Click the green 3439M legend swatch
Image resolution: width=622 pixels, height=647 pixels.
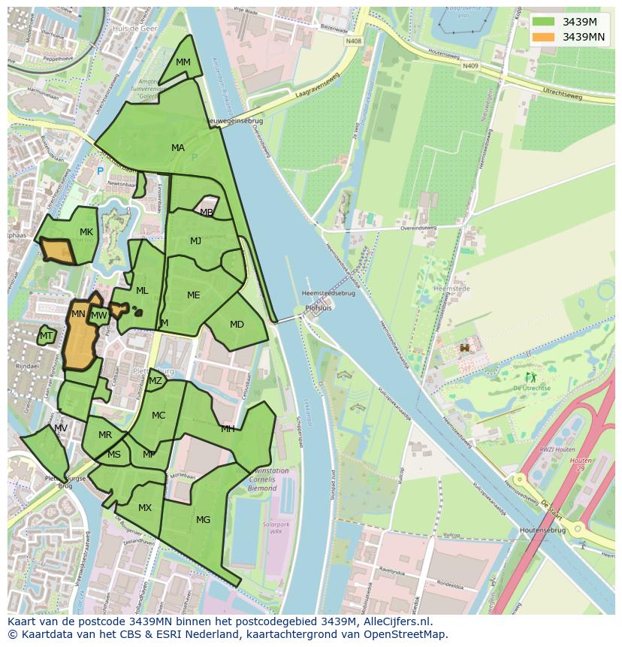pos(545,21)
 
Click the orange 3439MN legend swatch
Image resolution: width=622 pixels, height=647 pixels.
pos(545,37)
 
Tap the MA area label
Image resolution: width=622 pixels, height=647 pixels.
pos(178,148)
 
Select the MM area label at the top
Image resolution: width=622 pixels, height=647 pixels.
pos(183,62)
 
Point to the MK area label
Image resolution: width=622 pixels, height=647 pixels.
pos(86,232)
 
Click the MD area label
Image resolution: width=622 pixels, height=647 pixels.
pos(237,325)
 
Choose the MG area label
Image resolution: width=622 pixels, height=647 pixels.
pos(203,519)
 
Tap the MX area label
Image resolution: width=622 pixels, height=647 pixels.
pos(145,508)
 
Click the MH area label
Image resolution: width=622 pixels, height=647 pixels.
pos(228,429)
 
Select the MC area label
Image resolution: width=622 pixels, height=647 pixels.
pos(159,416)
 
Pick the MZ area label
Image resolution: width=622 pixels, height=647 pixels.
pos(155,381)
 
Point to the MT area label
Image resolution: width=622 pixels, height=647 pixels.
pos(47,336)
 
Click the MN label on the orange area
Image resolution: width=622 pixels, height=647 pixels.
pos(78,314)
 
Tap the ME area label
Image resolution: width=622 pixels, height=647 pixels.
pos(194,295)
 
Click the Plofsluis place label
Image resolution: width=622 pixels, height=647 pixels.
pos(319,308)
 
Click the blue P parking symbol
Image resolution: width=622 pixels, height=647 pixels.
pos(100,171)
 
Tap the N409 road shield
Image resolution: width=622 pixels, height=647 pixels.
pos(470,66)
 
